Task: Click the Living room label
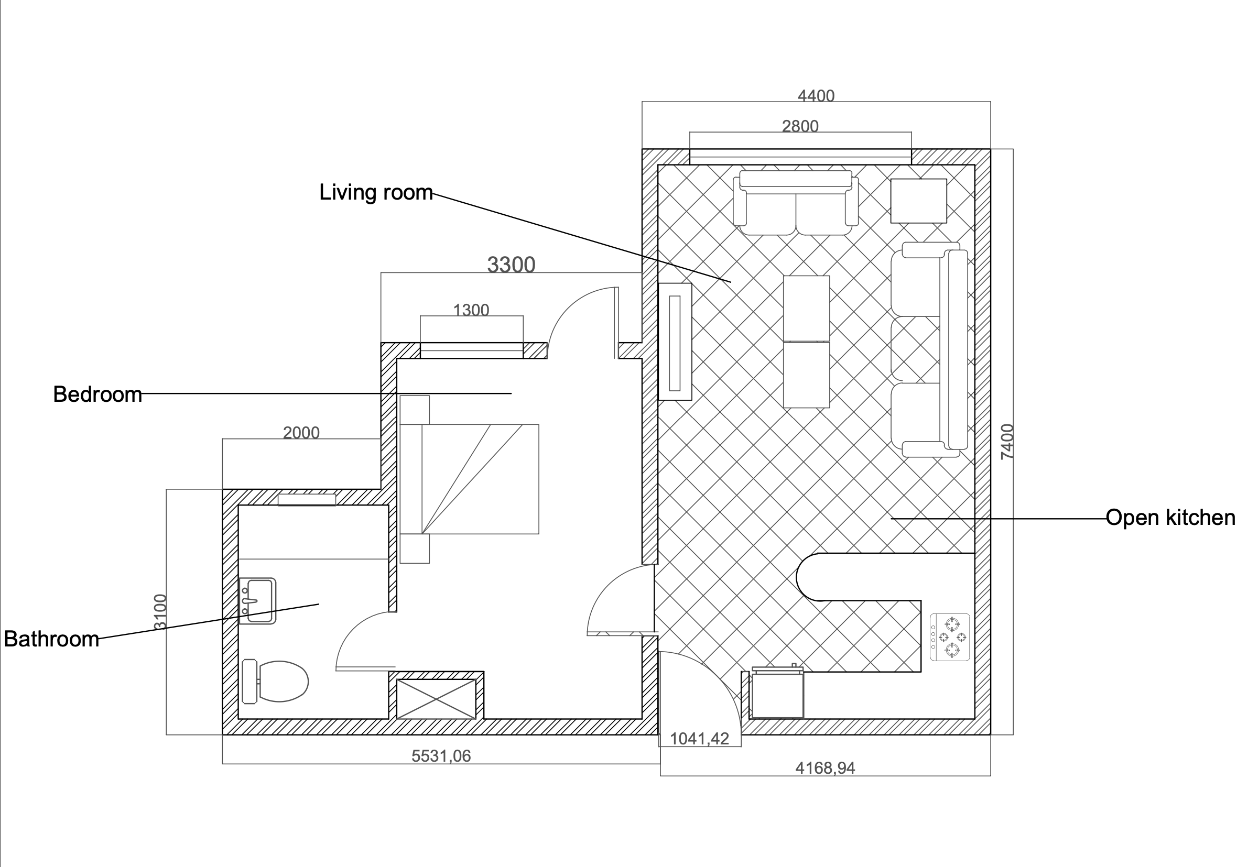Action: (x=376, y=192)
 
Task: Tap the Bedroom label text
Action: (x=97, y=394)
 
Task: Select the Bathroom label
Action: (x=52, y=639)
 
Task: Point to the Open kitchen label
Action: (x=1170, y=518)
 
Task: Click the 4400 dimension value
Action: (x=816, y=96)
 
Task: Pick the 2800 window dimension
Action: (x=800, y=126)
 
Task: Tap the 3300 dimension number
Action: (x=511, y=265)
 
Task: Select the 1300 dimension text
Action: (x=471, y=310)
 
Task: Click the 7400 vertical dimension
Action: (x=1007, y=442)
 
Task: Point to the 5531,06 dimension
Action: (x=441, y=756)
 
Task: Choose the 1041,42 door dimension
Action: (x=699, y=739)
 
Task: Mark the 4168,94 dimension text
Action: (x=826, y=768)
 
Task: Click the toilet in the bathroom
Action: (x=275, y=681)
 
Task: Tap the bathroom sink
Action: (x=257, y=601)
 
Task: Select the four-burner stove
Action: (x=950, y=638)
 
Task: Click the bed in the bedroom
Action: (x=469, y=479)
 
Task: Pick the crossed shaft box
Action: (x=437, y=699)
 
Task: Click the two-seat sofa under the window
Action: (x=796, y=203)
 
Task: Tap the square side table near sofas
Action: (x=919, y=201)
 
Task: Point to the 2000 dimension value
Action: (x=301, y=433)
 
